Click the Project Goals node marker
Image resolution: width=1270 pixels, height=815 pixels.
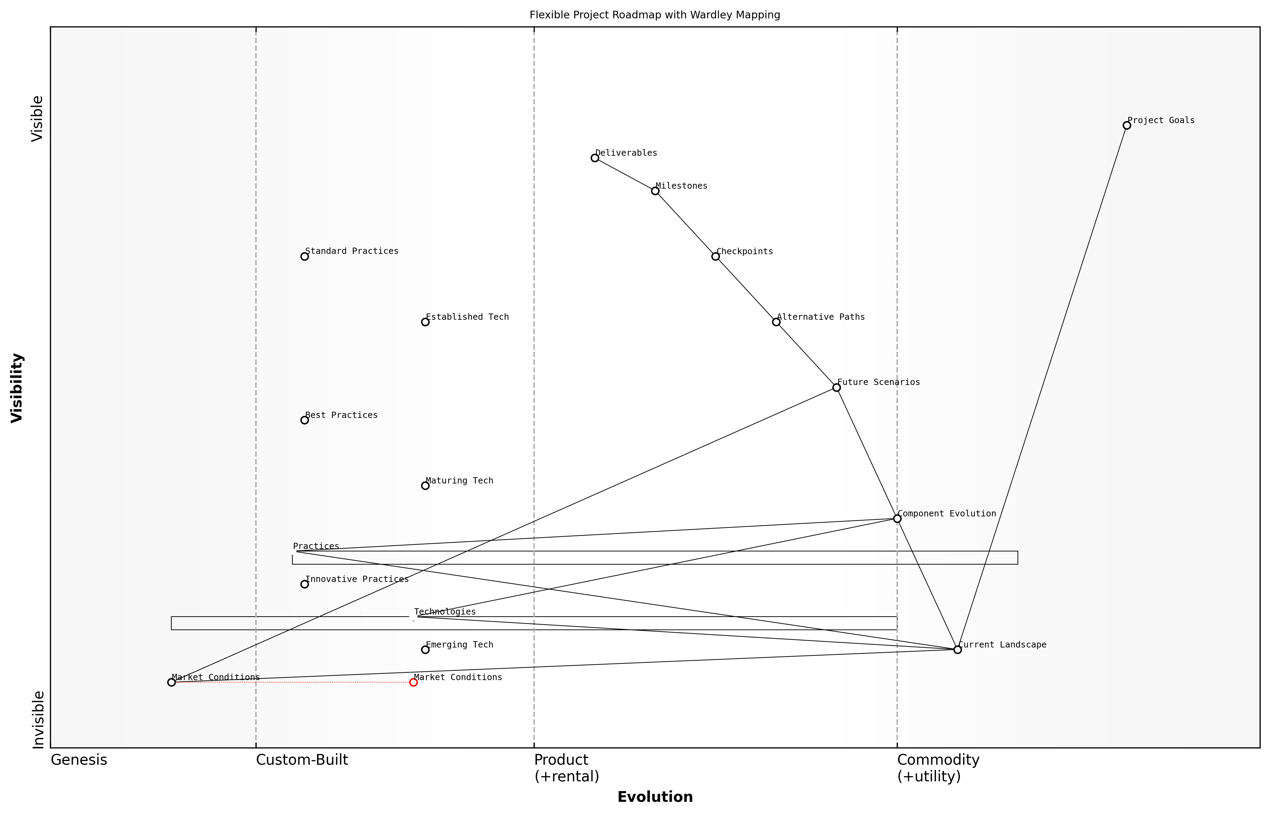pos(1126,126)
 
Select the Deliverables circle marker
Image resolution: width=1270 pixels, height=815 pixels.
pos(595,158)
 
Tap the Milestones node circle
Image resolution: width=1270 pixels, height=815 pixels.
pos(655,191)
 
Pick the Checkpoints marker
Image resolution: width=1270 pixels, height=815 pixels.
pos(715,256)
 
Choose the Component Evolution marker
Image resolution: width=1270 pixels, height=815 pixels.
pos(897,518)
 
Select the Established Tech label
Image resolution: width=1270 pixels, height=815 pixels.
pos(467,317)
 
